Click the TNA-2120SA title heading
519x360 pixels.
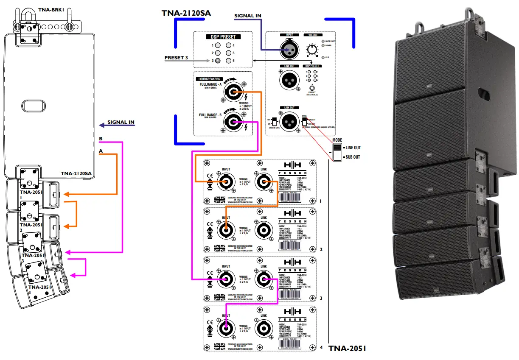coord(186,13)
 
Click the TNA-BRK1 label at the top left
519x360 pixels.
coord(52,8)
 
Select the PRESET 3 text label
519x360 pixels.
coord(176,58)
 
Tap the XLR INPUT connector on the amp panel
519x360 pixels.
coord(287,50)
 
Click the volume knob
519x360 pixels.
coord(312,50)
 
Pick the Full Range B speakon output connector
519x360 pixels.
coord(232,123)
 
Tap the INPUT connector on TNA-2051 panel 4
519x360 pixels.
coord(226,327)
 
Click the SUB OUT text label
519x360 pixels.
coord(351,157)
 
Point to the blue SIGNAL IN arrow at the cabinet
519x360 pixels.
coord(102,125)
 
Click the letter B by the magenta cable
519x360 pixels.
coord(101,139)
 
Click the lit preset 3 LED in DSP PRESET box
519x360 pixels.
coord(218,61)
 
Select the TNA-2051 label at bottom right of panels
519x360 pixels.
coord(347,349)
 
